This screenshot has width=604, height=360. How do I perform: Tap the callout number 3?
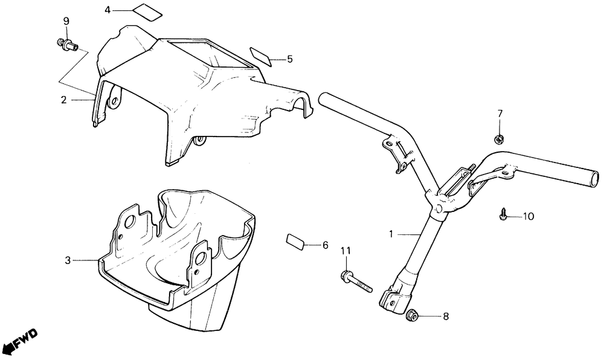pyautogui.click(x=68, y=260)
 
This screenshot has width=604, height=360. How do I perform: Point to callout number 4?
pyautogui.click(x=108, y=10)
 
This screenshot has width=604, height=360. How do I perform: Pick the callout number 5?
pyautogui.click(x=289, y=59)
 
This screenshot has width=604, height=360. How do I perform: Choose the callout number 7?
pyautogui.click(x=500, y=114)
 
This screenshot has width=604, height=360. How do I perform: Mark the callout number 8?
pyautogui.click(x=446, y=316)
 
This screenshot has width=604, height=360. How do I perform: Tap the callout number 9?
pyautogui.click(x=66, y=22)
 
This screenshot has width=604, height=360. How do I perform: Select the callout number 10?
pyautogui.click(x=528, y=216)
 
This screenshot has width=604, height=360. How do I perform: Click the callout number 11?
pyautogui.click(x=345, y=251)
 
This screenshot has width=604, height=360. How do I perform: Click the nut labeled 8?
pyautogui.click(x=413, y=314)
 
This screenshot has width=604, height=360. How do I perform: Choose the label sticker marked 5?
pyautogui.click(x=259, y=55)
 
